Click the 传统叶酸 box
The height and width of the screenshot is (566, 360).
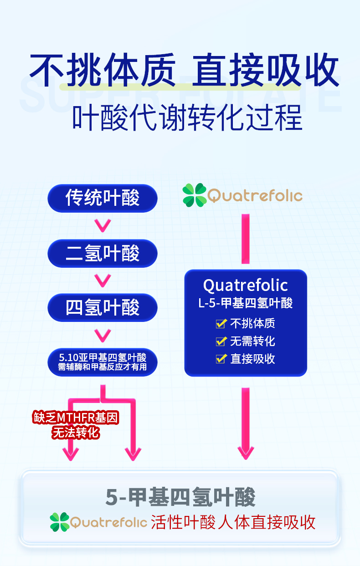pyautogui.click(x=103, y=198)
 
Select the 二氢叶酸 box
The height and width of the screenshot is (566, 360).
pyautogui.click(x=103, y=253)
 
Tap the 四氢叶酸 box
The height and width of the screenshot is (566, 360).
pyautogui.click(x=103, y=308)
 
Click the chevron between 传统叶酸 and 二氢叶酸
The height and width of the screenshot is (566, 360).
pyautogui.click(x=103, y=225)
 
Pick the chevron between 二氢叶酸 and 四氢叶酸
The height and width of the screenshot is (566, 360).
pyautogui.click(x=103, y=280)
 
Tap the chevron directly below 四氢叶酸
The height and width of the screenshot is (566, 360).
pyautogui.click(x=103, y=335)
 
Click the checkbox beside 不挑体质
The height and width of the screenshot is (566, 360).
pyautogui.click(x=221, y=324)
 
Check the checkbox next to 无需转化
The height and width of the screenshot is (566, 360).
pyautogui.click(x=221, y=341)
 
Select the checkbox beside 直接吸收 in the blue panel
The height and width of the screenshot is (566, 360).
pyautogui.click(x=221, y=359)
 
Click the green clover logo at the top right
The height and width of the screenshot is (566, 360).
pyautogui.click(x=194, y=195)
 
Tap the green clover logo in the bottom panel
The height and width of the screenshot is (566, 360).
pyautogui.click(x=60, y=522)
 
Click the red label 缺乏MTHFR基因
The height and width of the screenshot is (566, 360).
pyautogui.click(x=76, y=418)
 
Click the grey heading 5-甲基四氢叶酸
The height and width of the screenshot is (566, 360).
pyautogui.click(x=180, y=497)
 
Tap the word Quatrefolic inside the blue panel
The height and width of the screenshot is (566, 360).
pyautogui.click(x=246, y=286)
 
